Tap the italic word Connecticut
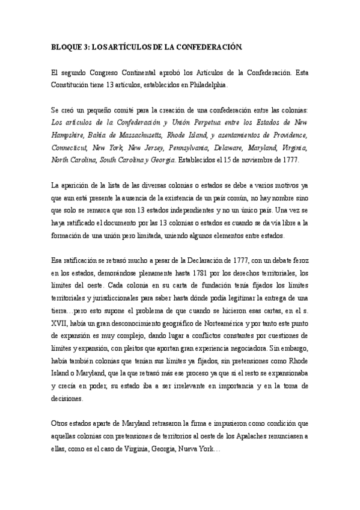click(x=70, y=147)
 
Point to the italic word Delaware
click(x=230, y=147)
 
